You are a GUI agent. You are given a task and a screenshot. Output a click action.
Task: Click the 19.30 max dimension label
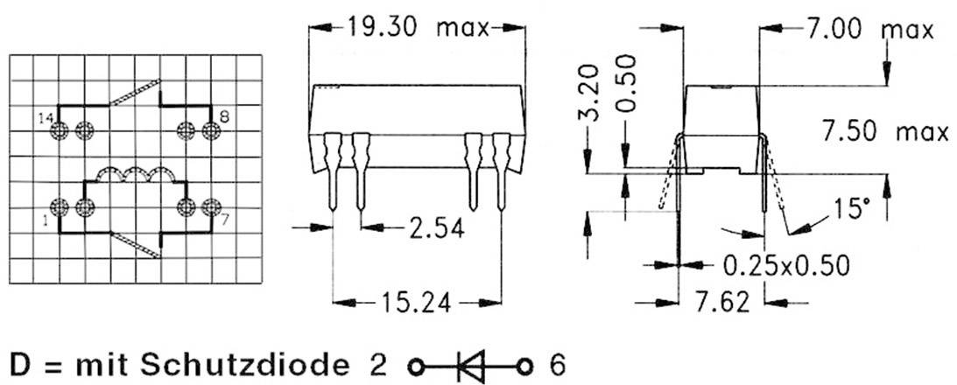coord(416,27)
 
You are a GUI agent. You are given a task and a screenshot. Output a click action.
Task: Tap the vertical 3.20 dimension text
coord(595,92)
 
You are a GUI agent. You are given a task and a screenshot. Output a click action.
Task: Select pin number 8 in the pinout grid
coord(225,115)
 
